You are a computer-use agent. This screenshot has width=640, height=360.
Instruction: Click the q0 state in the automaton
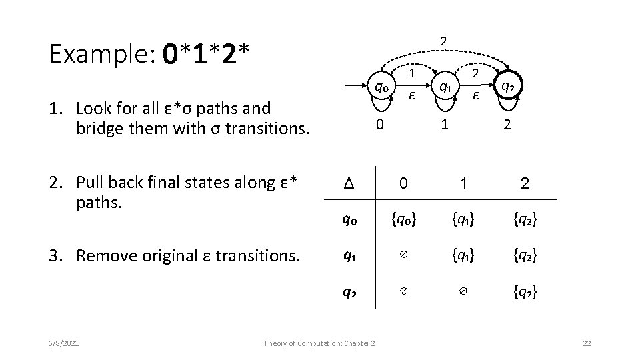381,87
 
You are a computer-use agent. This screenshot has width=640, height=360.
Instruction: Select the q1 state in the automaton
444,87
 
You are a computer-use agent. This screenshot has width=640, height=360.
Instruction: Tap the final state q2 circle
507,86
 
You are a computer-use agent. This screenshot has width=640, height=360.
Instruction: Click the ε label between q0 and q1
412,95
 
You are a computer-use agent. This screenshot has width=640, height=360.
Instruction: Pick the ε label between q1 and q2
475,95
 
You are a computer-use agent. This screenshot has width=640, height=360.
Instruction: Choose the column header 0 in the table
403,182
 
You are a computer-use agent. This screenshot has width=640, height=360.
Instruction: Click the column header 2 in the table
525,182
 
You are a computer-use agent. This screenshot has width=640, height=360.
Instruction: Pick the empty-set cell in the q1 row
403,255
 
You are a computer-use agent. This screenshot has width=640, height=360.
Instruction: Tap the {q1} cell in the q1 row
464,255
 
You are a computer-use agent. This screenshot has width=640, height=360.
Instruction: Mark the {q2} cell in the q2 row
525,291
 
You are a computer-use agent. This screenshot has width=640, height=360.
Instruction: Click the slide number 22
587,343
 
